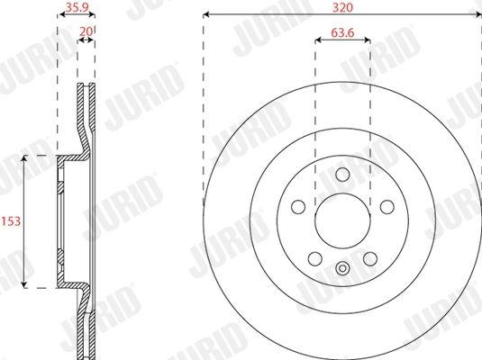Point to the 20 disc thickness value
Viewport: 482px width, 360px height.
86,31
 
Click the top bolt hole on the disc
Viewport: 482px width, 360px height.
342,174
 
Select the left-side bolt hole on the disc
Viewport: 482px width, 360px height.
297,207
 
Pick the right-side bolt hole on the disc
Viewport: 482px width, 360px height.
387,207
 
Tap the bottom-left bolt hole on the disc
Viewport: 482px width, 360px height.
314,259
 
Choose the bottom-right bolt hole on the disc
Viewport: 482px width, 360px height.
370,259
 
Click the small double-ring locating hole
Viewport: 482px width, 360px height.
342,268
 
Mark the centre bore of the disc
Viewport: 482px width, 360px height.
342,220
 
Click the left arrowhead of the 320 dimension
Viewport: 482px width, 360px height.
206,14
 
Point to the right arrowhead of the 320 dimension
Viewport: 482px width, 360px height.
477,14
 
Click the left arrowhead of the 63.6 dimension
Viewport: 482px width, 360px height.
317,40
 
